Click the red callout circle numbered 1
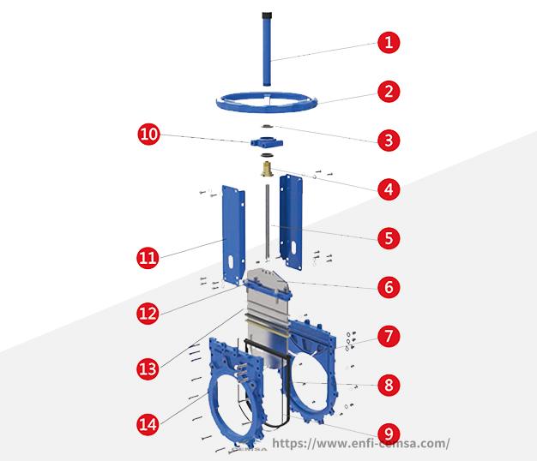click(x=389, y=42)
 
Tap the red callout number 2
click(x=389, y=92)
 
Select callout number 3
click(x=389, y=141)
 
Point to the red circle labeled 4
click(x=389, y=189)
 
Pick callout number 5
click(x=389, y=238)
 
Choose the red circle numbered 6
click(x=389, y=287)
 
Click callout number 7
click(x=389, y=336)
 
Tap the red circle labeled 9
click(x=389, y=434)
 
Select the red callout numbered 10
click(x=148, y=134)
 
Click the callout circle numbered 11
click(x=148, y=258)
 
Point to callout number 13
click(x=148, y=368)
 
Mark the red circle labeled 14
click(x=148, y=424)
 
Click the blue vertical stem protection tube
click(x=267, y=50)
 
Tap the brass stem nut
click(x=266, y=170)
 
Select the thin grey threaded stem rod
click(x=267, y=222)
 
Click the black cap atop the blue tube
click(x=267, y=15)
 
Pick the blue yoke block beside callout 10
click(x=267, y=142)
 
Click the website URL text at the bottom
click(x=361, y=443)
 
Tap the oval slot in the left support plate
click(x=231, y=261)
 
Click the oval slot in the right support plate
click(x=294, y=248)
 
